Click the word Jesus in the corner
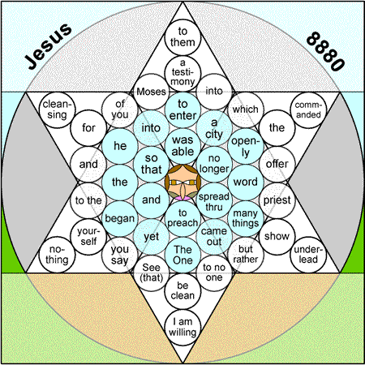[48, 46]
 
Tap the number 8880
[325, 51]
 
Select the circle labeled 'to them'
[182, 37]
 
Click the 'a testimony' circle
[182, 74]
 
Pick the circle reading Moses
[151, 92]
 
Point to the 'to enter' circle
[182, 109]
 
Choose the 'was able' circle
[182, 146]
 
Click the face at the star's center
[182, 182]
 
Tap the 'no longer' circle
[214, 164]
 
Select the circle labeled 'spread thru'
[214, 200]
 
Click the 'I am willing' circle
[182, 327]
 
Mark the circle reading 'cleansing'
[57, 109]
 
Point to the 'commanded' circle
[308, 109]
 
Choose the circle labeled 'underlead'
[308, 255]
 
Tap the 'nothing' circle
[57, 255]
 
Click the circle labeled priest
[277, 200]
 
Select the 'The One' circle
[182, 255]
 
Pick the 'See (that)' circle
[151, 273]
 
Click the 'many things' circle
[246, 218]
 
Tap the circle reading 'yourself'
[88, 237]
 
